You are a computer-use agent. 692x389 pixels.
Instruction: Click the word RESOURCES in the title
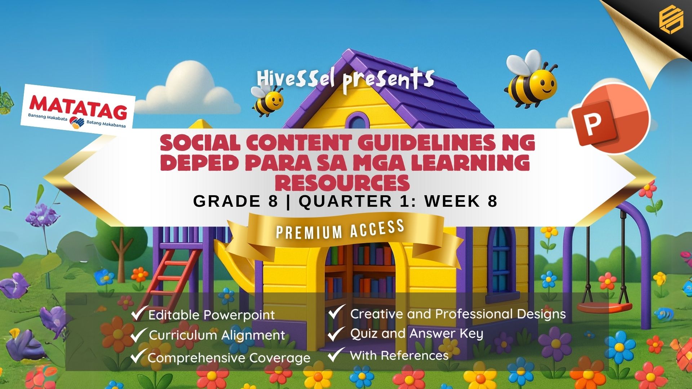pyautogui.click(x=342, y=182)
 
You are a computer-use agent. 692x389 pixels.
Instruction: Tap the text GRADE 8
pyautogui.click(x=236, y=201)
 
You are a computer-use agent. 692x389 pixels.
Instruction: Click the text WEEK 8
pyautogui.click(x=461, y=201)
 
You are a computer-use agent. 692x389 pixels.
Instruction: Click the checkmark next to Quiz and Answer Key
pyautogui.click(x=336, y=334)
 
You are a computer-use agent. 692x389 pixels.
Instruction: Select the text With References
pyautogui.click(x=399, y=356)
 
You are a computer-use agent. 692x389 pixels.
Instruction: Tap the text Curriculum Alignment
pyautogui.click(x=217, y=335)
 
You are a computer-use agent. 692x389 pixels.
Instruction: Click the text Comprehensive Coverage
pyautogui.click(x=229, y=358)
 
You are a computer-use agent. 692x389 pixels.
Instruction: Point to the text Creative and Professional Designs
pyautogui.click(x=458, y=314)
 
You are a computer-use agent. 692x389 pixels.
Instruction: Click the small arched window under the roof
pyautogui.click(x=357, y=121)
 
